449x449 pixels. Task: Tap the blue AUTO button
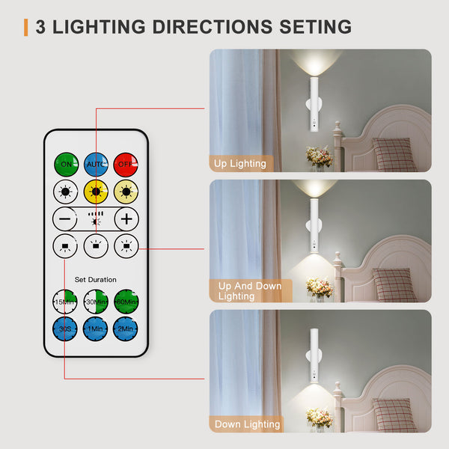tap(96, 164)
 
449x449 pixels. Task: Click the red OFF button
tap(126, 164)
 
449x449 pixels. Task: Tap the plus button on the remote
tap(126, 219)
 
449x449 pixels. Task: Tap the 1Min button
tap(96, 329)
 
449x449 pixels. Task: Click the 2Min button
tap(126, 329)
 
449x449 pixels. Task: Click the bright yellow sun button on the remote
tap(96, 192)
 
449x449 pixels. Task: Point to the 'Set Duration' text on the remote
tap(96, 280)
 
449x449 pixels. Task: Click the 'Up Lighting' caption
tap(239, 163)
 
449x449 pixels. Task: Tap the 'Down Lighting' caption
tap(247, 424)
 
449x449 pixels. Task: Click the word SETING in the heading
tap(314, 27)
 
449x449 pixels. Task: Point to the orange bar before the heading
tap(26, 27)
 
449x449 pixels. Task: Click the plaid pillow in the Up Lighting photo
tap(394, 154)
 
